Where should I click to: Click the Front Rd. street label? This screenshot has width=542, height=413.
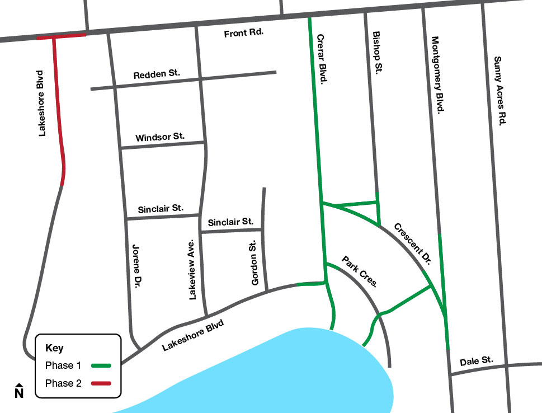click(243, 34)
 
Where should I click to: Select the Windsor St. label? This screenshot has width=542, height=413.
click(160, 137)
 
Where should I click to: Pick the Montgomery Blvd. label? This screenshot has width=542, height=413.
click(437, 75)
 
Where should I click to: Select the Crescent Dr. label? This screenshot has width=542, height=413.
click(414, 243)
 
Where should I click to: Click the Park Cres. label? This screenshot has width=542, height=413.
click(360, 272)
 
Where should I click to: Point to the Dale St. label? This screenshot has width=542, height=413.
click(477, 362)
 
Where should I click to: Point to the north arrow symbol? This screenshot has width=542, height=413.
click(19, 391)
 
